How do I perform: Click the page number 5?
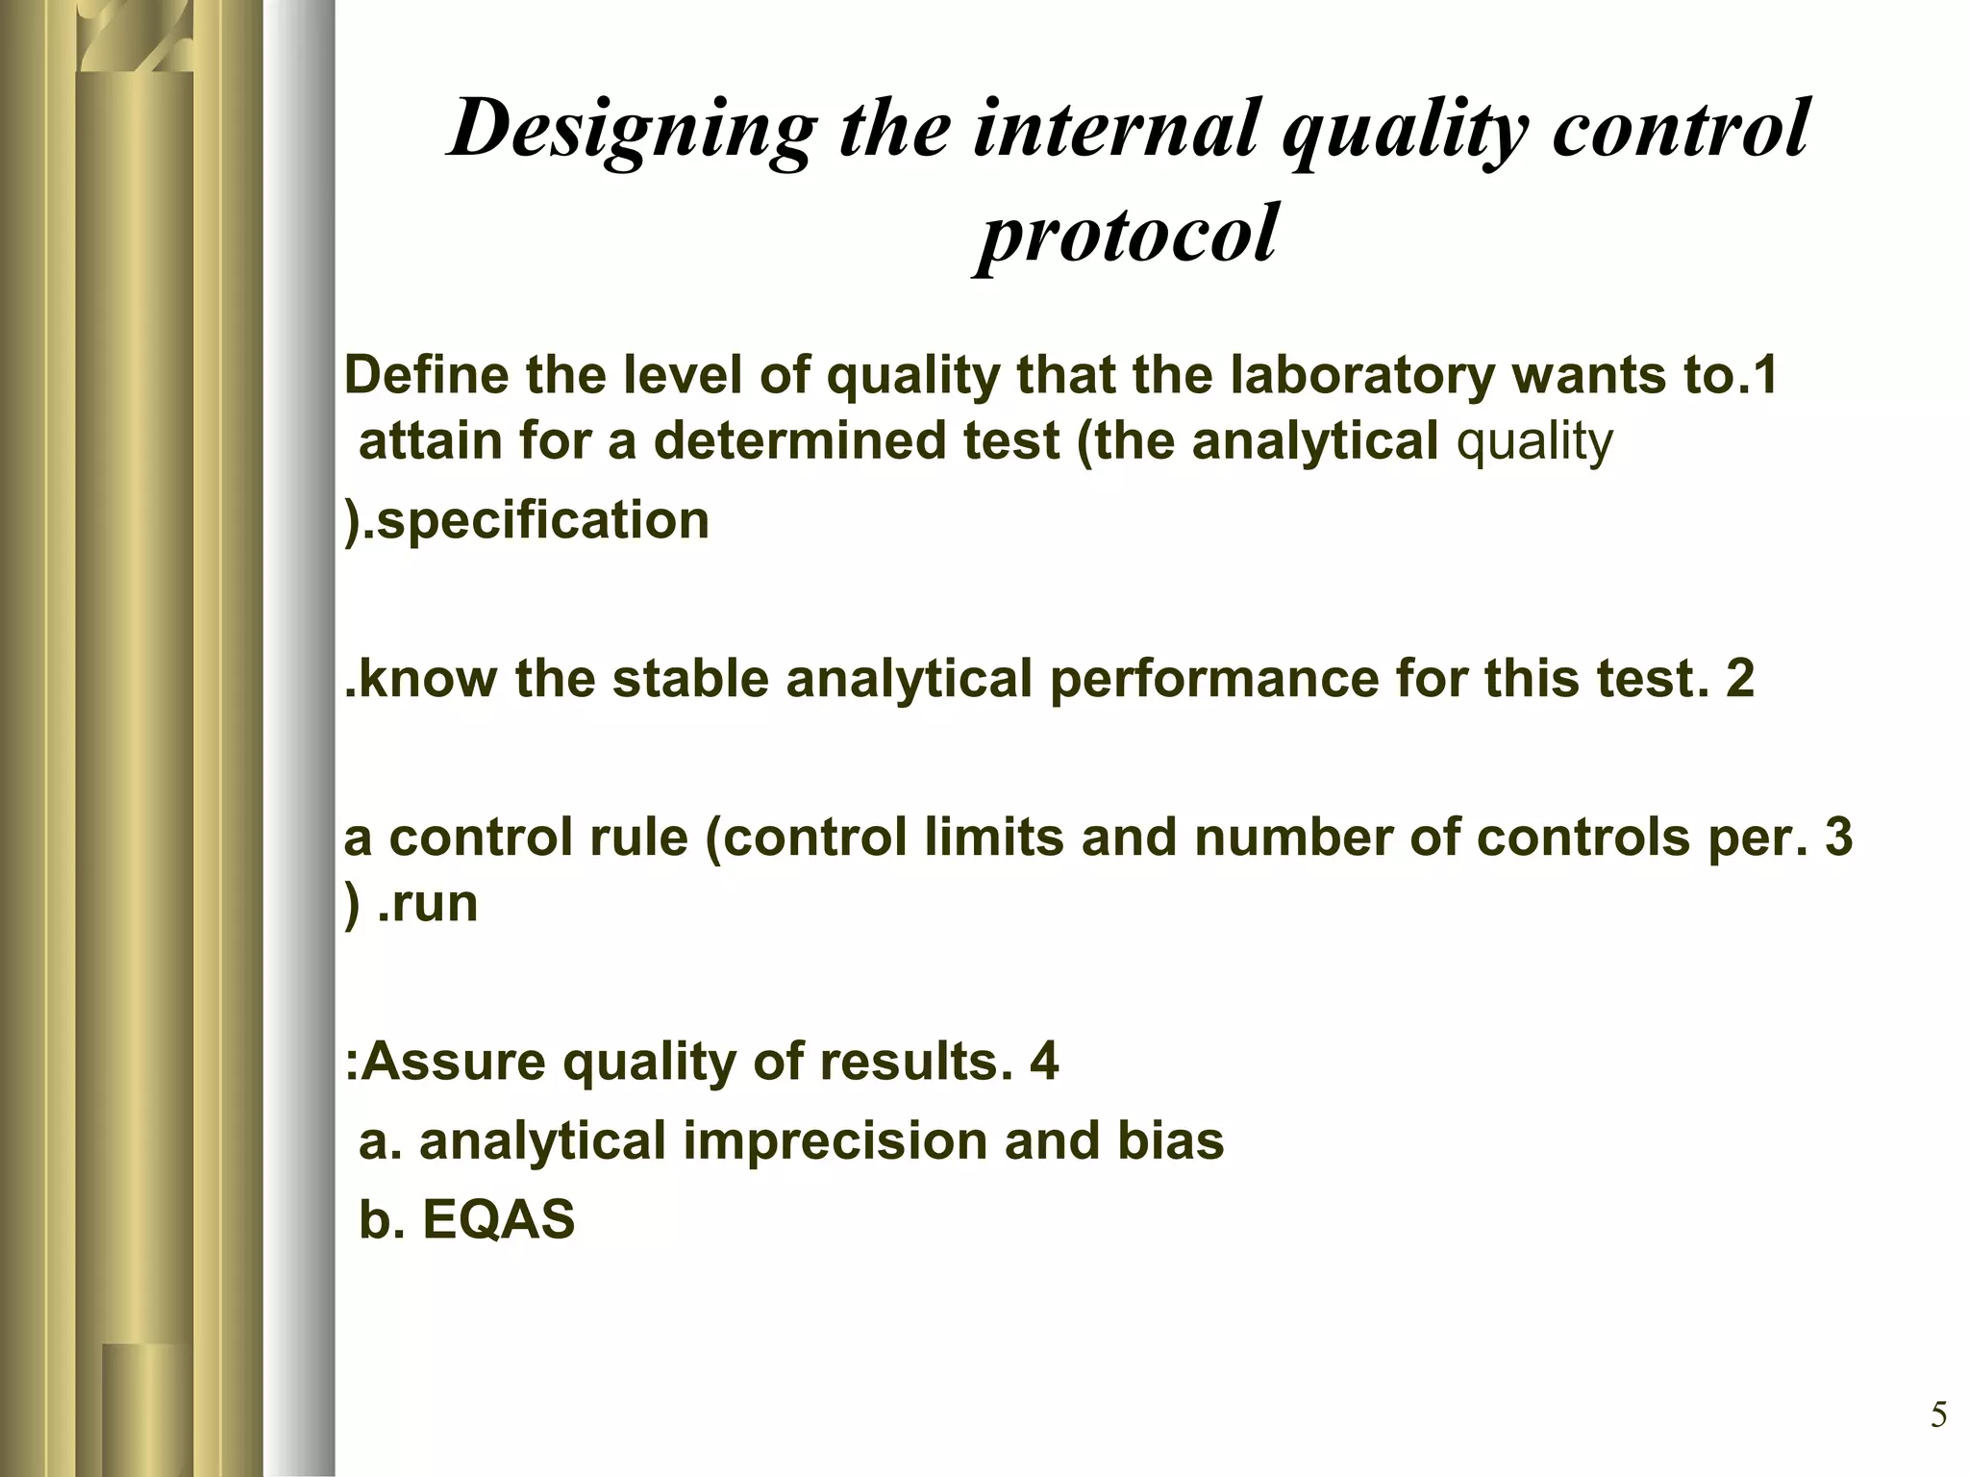pyautogui.click(x=1939, y=1415)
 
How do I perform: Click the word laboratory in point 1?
pyautogui.click(x=1361, y=377)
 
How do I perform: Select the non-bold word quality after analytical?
pyautogui.click(x=1534, y=442)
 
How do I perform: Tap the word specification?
pyautogui.click(x=542, y=521)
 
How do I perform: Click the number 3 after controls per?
pyautogui.click(x=1837, y=837)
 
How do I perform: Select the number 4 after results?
pyautogui.click(x=1043, y=1063)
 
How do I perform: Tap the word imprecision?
pyautogui.click(x=835, y=1142)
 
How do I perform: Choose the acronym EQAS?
pyautogui.click(x=498, y=1220)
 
